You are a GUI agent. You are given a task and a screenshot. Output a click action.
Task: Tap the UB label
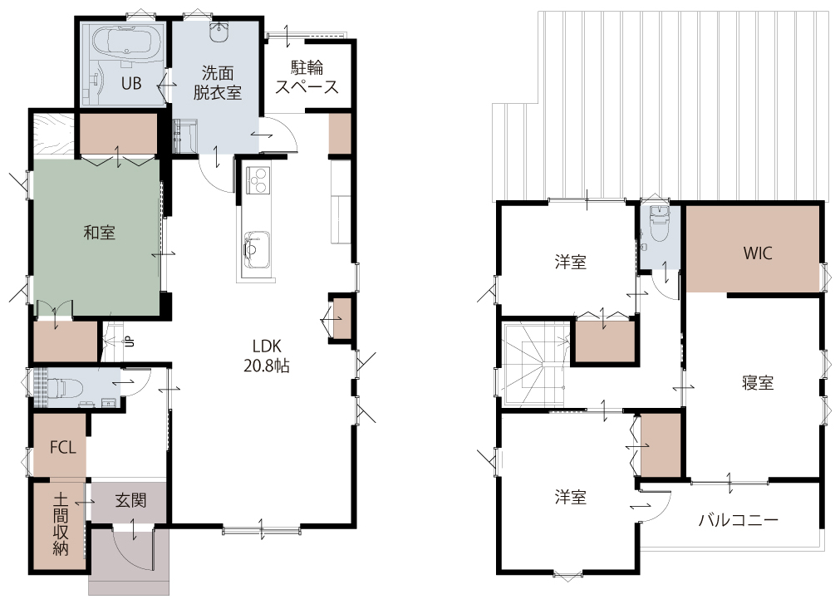(x=131, y=84)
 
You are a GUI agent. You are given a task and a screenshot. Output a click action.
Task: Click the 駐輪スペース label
(x=307, y=77)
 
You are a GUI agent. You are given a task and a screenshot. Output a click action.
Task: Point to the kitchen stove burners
(x=258, y=180)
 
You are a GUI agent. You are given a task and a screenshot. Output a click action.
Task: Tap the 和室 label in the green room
(x=99, y=233)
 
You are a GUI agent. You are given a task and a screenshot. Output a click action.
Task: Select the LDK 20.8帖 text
(x=267, y=356)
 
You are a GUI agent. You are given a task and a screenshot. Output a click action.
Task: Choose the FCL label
(x=62, y=447)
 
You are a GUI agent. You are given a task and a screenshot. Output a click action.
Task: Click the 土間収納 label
(x=60, y=524)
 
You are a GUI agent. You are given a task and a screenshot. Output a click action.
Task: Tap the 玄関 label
(x=130, y=501)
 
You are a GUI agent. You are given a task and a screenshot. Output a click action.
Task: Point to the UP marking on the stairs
(x=129, y=341)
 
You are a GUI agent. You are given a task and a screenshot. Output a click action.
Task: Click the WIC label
(x=758, y=253)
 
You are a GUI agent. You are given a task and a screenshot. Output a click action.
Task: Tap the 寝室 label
(x=758, y=383)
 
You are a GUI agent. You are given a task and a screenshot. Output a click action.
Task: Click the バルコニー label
(x=738, y=520)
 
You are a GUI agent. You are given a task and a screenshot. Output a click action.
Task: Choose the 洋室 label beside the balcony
(x=571, y=498)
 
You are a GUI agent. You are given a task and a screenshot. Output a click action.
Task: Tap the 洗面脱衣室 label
(x=218, y=83)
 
